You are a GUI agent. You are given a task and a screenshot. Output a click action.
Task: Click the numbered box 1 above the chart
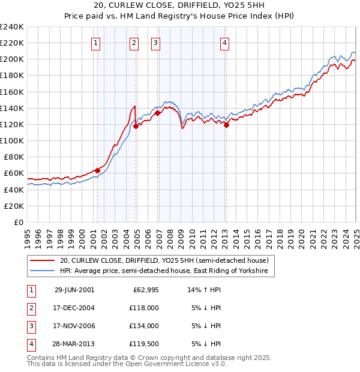[96, 43]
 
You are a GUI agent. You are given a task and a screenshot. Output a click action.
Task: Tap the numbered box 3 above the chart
[155, 43]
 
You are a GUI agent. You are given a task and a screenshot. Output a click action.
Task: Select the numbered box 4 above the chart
[224, 43]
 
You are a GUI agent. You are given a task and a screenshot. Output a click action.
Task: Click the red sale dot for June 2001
[98, 170]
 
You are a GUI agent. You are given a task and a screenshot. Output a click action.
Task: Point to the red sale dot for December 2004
[136, 126]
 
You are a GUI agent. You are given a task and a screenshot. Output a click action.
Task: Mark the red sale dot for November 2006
[157, 113]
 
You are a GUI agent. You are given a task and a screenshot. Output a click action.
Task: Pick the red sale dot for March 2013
[226, 125]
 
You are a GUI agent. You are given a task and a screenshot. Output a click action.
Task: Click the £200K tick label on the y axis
[12, 59]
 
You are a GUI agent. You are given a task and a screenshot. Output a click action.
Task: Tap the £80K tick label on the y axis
[14, 157]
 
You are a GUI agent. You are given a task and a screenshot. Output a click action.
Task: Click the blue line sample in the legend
[41, 271]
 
